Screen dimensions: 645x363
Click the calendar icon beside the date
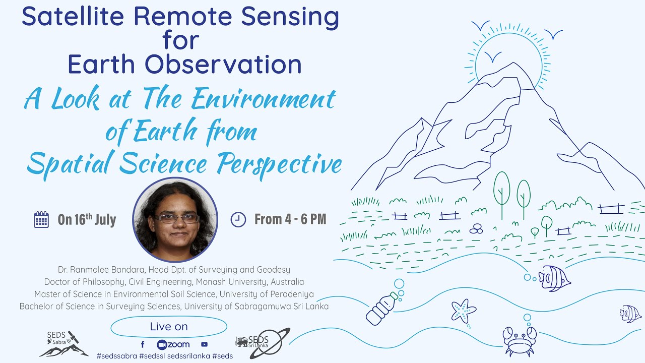[41, 219]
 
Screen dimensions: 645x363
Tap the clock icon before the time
[238, 219]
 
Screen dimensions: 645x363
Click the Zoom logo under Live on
[173, 344]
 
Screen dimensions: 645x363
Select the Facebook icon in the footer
[143, 344]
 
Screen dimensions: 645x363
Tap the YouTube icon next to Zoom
[204, 344]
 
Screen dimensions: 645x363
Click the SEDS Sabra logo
[63, 344]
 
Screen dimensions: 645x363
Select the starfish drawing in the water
[463, 311]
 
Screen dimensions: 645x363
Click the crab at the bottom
[520, 341]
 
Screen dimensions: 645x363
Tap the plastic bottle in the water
[382, 308]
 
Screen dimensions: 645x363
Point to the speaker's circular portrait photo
[175, 219]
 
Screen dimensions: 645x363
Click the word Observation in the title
[223, 65]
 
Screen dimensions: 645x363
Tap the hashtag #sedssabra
[116, 356]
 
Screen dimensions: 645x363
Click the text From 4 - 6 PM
[290, 219]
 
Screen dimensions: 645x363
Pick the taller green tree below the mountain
[501, 195]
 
